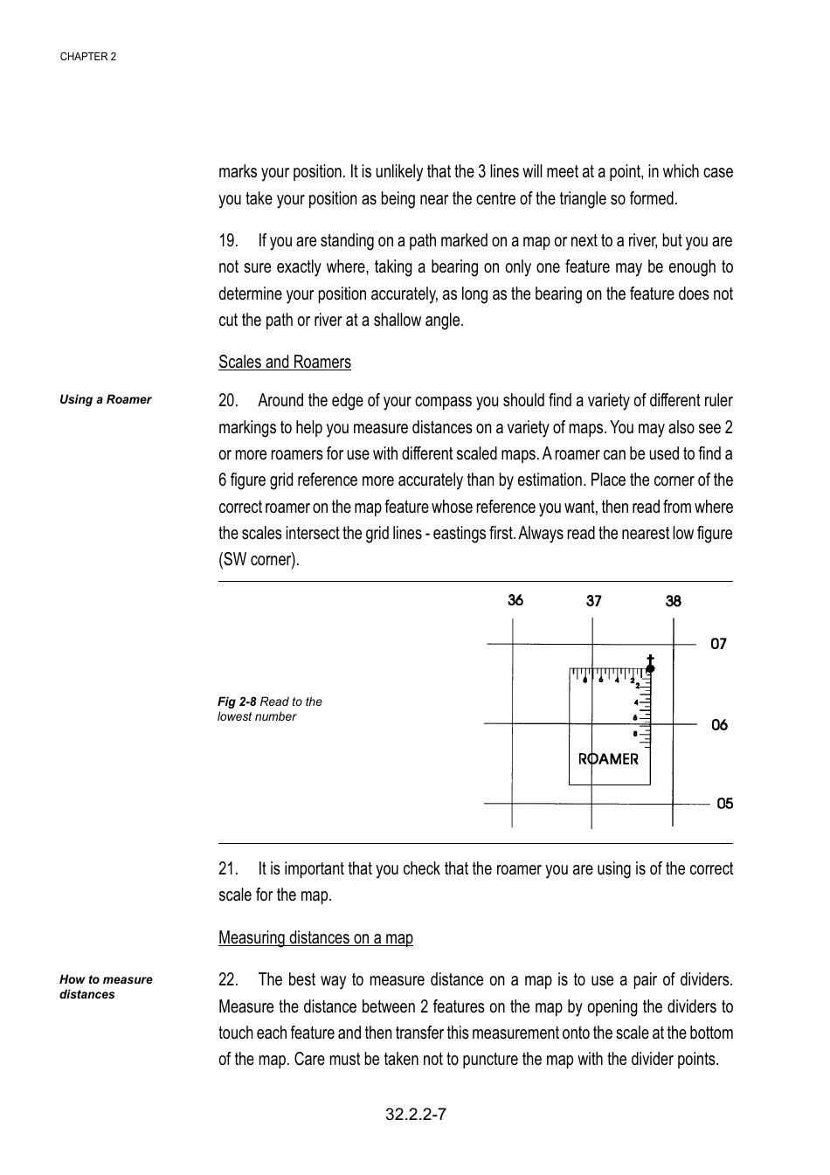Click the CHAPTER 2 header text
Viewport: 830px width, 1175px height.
pos(87,57)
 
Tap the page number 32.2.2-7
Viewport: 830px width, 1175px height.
pos(416,1114)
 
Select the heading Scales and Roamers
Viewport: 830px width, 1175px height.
pos(285,363)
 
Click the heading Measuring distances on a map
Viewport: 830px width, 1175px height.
pos(315,938)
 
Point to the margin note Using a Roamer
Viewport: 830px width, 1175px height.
pos(105,399)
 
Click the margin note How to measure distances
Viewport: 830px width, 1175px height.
pos(105,987)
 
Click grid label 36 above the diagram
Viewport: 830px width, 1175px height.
pos(515,600)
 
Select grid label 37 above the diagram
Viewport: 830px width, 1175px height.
pos(594,601)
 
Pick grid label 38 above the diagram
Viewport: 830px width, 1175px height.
pos(673,601)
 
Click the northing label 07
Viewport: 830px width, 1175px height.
pos(718,644)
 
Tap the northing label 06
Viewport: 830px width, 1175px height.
pos(719,725)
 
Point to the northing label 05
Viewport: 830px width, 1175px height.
pos(724,804)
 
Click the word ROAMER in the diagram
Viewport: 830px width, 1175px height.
pos(608,759)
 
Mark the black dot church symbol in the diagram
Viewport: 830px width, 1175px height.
pos(650,667)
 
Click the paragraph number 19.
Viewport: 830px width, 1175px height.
pos(228,241)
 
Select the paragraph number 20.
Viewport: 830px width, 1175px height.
pos(228,401)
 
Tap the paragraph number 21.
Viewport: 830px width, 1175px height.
pos(228,869)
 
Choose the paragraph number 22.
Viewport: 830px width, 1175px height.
pos(228,980)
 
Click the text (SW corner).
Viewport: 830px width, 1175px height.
pos(259,560)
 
